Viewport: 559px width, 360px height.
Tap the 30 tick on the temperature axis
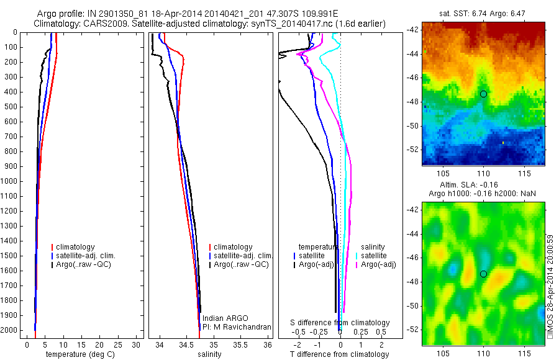tap(137, 344)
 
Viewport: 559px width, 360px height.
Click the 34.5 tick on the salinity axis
tap(186, 344)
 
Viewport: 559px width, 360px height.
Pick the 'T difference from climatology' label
tap(339, 354)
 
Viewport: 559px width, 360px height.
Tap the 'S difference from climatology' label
tap(340, 323)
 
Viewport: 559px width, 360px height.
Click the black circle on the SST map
tap(483, 94)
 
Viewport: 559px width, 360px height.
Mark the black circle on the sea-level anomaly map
tap(483, 274)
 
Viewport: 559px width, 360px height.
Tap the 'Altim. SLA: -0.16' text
tap(483, 185)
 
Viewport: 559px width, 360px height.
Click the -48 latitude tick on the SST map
tap(413, 102)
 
